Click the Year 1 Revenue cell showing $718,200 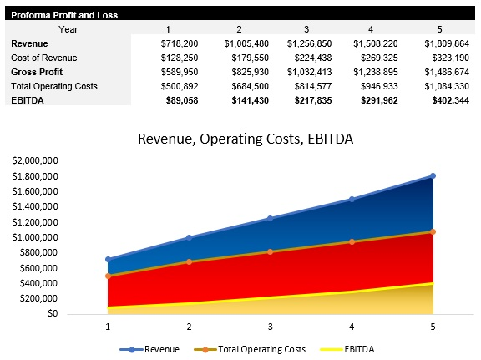177,43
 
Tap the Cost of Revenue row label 44,57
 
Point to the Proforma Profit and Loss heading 63,15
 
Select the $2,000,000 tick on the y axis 35,160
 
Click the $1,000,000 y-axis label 35,237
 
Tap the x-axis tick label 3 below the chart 270,327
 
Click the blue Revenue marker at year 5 433,175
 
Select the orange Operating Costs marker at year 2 189,261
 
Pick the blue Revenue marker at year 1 108,259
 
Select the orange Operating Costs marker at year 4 352,241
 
